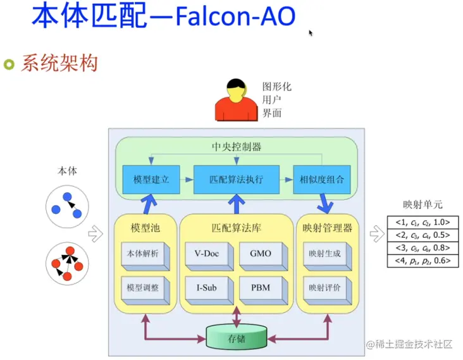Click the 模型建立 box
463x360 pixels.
pyautogui.click(x=151, y=180)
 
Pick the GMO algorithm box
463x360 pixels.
pyautogui.click(x=260, y=254)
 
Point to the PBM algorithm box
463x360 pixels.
pyautogui.click(x=260, y=288)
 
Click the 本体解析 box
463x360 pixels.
pyautogui.click(x=142, y=254)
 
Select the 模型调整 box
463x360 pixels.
pyautogui.click(x=142, y=288)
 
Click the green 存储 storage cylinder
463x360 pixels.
pyautogui.click(x=237, y=338)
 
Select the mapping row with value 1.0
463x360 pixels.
pyautogui.click(x=423, y=223)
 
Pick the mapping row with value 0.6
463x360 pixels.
pyautogui.click(x=423, y=261)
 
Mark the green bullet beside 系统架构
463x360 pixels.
pyautogui.click(x=9, y=63)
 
